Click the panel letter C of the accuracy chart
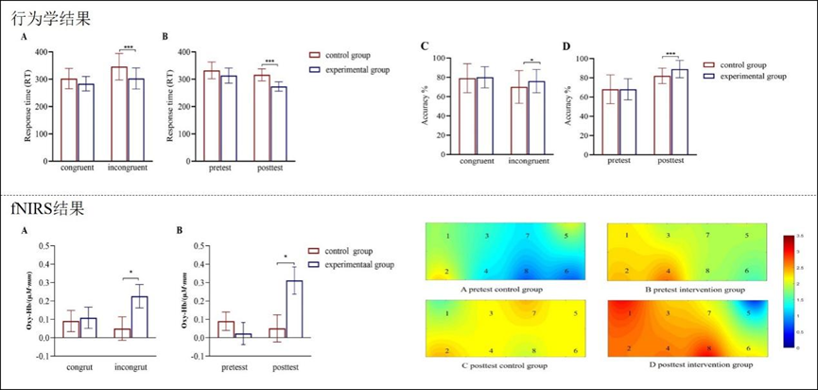[426, 45]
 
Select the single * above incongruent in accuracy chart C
[531, 62]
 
